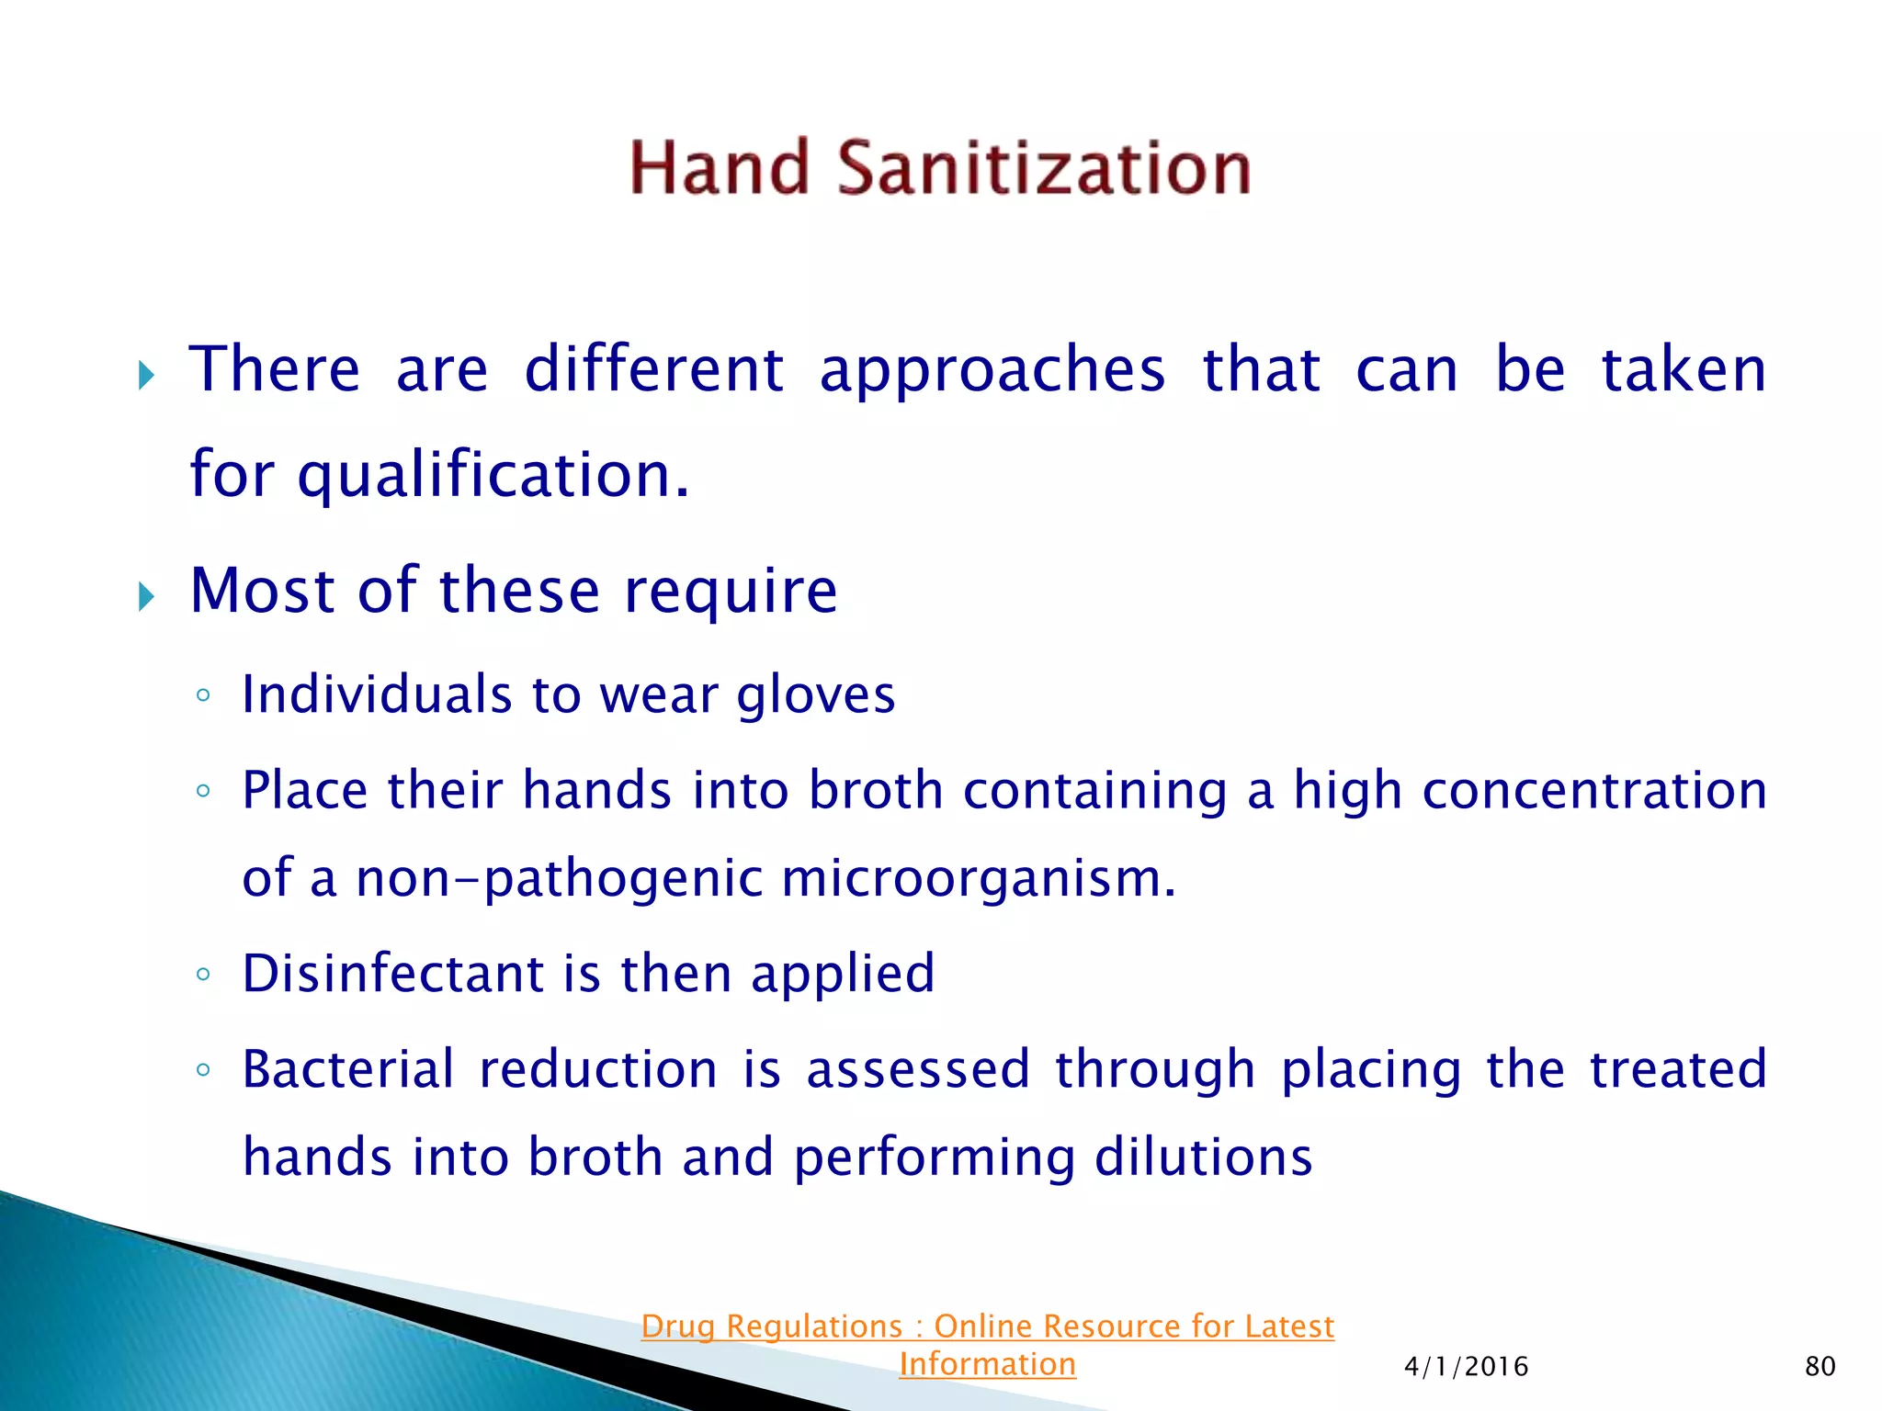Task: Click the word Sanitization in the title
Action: coord(1044,169)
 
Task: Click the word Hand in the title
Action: coord(719,169)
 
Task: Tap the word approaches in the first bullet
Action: coord(992,370)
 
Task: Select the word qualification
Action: coord(493,476)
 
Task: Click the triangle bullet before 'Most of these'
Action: coord(146,597)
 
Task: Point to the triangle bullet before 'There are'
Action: coord(146,375)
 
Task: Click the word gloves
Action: coord(816,695)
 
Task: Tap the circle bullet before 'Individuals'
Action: coord(203,695)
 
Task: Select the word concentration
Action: coord(1594,791)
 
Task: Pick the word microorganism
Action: coord(978,878)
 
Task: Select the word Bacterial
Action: coord(348,1069)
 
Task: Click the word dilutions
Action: coord(1203,1157)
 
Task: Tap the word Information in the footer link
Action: coord(987,1364)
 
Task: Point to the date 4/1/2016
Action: coord(1466,1367)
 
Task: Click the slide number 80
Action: coord(1820,1367)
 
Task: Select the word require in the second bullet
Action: coord(731,591)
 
